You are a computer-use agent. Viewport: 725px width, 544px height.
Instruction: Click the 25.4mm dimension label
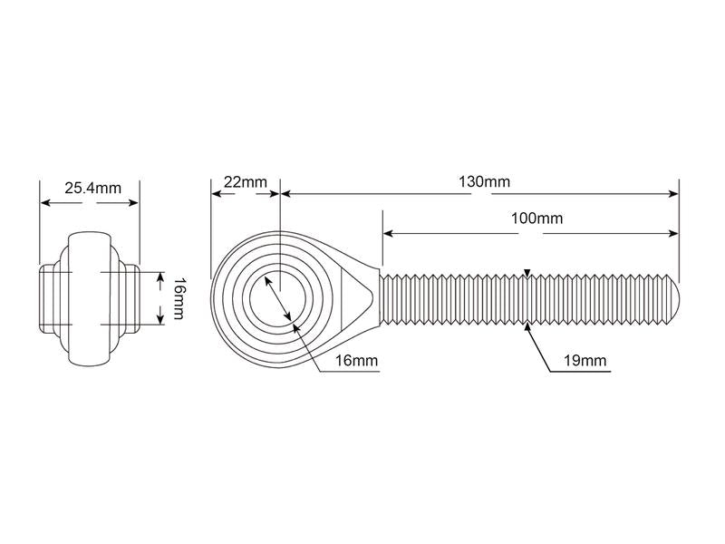[x=92, y=189]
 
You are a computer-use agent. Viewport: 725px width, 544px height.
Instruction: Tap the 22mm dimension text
[x=245, y=181]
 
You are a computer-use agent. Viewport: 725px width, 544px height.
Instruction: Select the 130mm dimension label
[x=484, y=181]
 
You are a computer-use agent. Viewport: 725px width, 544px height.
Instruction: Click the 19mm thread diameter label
[x=585, y=362]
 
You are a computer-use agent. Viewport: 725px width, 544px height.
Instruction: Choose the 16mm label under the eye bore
[x=355, y=361]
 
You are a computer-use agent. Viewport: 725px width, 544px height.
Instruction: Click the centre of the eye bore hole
[x=280, y=297]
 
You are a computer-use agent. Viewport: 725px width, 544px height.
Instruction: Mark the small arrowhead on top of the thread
[x=527, y=272]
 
